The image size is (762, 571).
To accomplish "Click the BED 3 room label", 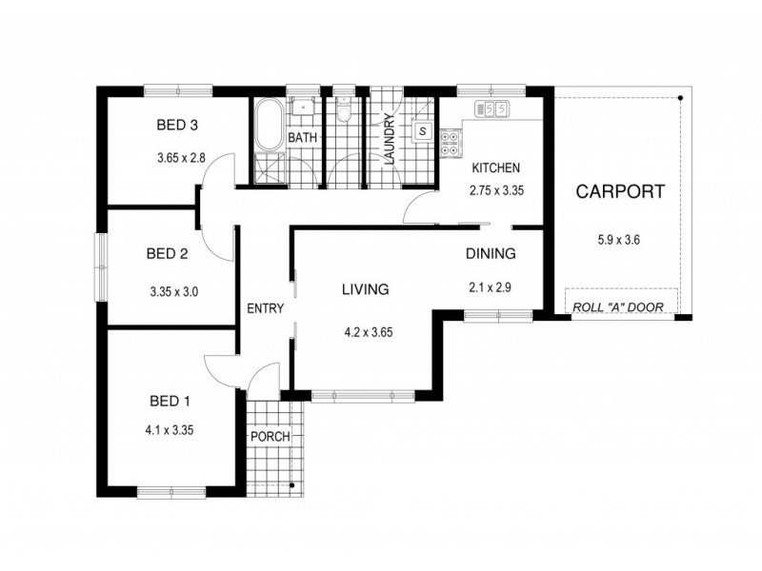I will tap(176, 125).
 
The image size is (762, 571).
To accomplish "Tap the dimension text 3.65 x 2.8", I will tap(181, 158).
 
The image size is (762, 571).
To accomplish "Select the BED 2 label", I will tap(166, 254).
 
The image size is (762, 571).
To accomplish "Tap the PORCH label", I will tap(270, 437).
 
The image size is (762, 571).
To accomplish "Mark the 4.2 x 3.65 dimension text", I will tap(369, 333).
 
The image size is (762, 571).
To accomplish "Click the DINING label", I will tap(491, 254).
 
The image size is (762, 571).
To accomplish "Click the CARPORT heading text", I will tap(620, 191).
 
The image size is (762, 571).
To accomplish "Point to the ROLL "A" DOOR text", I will tap(621, 306).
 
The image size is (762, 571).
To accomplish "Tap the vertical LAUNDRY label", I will tap(389, 140).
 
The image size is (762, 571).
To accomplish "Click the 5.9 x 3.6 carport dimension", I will tap(618, 240).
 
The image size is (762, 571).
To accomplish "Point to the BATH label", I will tap(302, 138).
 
